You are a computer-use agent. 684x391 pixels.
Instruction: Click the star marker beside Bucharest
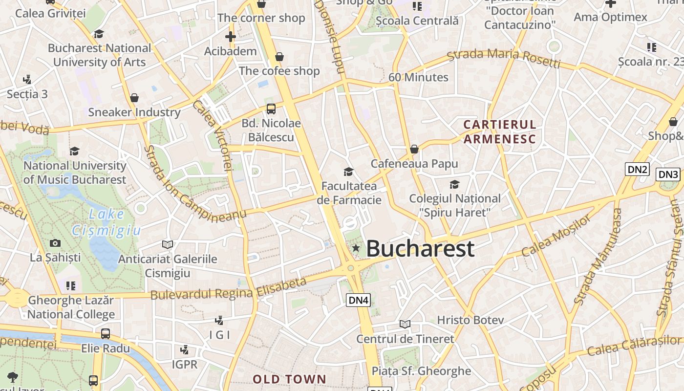356,249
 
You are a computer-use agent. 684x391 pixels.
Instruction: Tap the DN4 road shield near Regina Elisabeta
358,300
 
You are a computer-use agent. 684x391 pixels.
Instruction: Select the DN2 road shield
637,169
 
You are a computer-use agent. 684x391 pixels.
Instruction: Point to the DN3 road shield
668,174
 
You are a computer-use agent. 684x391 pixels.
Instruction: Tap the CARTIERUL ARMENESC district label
500,131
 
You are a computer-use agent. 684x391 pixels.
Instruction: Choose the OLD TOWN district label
289,379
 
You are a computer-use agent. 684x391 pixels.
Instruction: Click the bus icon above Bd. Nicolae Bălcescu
271,109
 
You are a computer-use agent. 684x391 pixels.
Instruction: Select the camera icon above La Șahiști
55,243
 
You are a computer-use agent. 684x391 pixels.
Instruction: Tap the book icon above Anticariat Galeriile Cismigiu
168,244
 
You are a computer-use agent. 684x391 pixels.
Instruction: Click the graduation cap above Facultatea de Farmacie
348,172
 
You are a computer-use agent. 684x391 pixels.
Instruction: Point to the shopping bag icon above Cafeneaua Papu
414,149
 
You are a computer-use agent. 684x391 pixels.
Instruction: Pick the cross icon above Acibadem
231,36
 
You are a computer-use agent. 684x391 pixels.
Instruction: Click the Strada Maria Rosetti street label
504,58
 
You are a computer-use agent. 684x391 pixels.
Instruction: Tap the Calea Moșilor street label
556,237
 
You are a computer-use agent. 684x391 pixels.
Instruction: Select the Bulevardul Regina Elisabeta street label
228,289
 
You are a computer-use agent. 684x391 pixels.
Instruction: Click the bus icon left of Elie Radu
106,334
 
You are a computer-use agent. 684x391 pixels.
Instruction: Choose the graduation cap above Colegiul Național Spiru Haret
454,184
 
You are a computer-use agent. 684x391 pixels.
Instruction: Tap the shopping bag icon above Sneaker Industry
134,98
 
